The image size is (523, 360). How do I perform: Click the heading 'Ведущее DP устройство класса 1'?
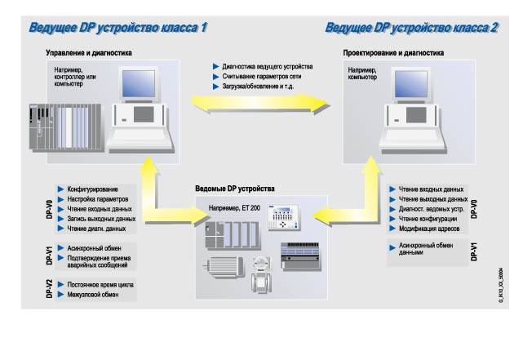click(117, 28)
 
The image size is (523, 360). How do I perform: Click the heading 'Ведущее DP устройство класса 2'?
click(412, 28)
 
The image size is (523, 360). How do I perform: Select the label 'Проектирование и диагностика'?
click(393, 53)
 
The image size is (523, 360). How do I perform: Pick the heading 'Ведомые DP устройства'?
click(234, 189)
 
